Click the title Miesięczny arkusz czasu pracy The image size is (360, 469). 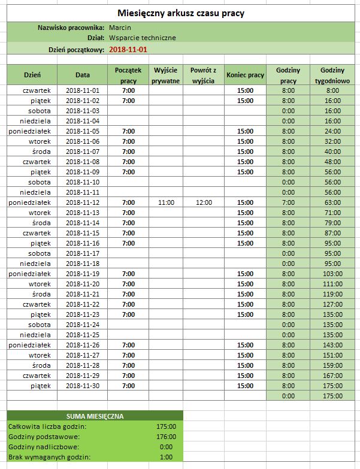click(181, 13)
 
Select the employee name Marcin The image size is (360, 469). click(120, 28)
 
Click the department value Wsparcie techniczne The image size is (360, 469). click(143, 38)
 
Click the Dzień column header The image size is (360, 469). click(32, 75)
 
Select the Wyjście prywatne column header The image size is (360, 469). click(166, 75)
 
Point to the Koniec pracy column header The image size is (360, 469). click(245, 75)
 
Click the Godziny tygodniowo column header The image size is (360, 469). click(332, 75)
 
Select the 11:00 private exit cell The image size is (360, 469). click(166, 202)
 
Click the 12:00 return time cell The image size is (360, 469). click(204, 202)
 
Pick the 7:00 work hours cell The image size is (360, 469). click(288, 202)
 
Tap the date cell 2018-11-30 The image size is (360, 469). click(83, 385)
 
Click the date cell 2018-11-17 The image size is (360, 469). click(83, 253)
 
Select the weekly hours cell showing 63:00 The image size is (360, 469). click(332, 202)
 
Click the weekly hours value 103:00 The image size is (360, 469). click(332, 274)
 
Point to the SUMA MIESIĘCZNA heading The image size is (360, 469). click(95, 416)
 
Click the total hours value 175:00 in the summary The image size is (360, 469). click(166, 426)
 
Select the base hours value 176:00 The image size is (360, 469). click(166, 437)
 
